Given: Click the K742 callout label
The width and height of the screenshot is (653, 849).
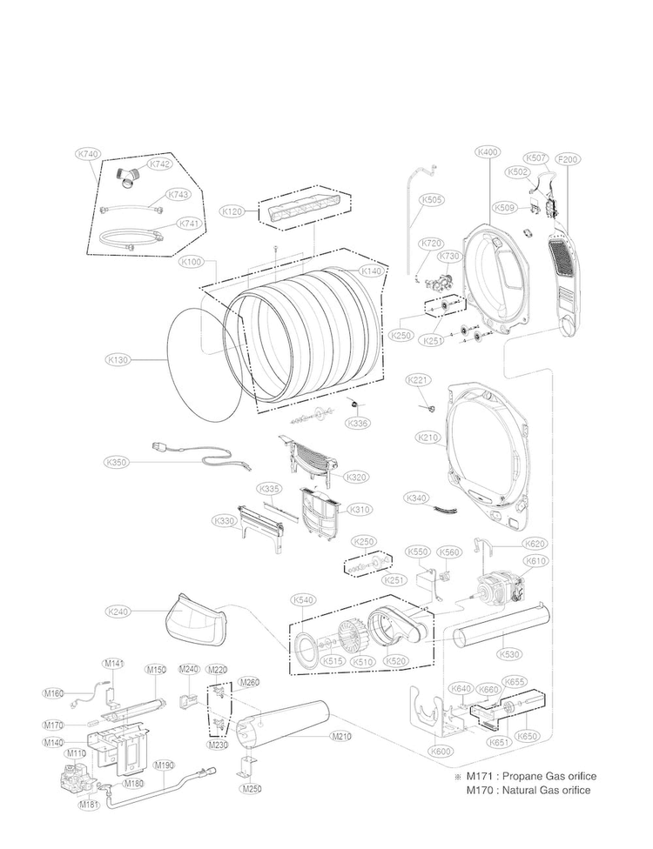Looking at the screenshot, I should pos(160,164).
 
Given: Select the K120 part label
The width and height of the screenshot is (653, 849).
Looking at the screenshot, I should pos(232,211).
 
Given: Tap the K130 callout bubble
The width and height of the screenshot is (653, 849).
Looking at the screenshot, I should pos(118,358).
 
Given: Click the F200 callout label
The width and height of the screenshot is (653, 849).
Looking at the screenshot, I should pos(568,159).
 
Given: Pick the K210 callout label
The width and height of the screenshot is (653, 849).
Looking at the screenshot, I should pos(427,438).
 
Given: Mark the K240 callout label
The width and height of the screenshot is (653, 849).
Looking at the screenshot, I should pos(118,612).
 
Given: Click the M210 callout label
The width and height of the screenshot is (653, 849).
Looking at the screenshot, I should pos(341,738).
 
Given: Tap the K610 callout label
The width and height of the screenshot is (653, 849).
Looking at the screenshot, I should pos(536,561).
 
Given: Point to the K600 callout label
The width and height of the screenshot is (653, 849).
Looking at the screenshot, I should pos(441,750).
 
